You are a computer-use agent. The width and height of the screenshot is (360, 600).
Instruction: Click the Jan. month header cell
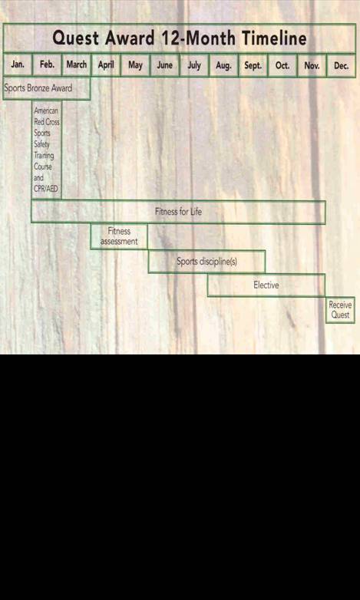[x=18, y=65]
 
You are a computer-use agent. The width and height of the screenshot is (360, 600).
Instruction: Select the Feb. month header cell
[x=47, y=65]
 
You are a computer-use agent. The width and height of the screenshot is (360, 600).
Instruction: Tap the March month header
[x=77, y=65]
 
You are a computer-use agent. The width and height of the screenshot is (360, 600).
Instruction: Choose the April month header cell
[x=106, y=65]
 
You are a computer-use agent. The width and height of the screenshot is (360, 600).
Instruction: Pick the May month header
[x=135, y=65]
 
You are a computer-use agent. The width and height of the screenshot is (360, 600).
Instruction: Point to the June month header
[x=165, y=65]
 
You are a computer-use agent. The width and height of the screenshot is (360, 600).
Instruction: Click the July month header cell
[x=194, y=65]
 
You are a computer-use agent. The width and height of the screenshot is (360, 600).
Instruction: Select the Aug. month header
[x=223, y=65]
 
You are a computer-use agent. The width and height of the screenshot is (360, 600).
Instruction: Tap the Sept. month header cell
[x=253, y=65]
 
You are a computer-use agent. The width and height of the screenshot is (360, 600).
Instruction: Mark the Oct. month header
[x=282, y=65]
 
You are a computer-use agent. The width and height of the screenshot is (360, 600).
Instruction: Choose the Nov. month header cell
[x=312, y=65]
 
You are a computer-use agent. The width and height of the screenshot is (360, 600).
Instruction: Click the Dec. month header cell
[x=342, y=65]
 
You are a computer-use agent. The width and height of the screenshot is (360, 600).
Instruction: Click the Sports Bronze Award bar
[x=47, y=88]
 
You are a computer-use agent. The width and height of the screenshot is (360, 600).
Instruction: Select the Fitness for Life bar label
[x=178, y=212]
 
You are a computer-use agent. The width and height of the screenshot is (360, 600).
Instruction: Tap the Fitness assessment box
[x=119, y=236]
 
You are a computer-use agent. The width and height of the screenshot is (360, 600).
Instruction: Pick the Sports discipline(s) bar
[x=206, y=262]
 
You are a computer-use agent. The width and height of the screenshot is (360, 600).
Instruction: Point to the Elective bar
[x=266, y=285]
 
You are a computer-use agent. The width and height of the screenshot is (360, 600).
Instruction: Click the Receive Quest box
[x=341, y=310]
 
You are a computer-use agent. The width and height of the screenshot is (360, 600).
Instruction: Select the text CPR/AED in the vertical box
[x=45, y=189]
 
